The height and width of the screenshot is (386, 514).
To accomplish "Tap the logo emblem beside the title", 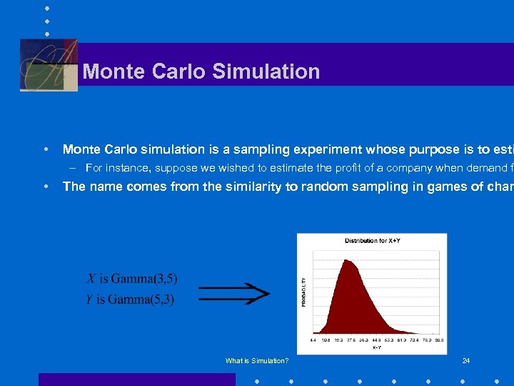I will click(x=49, y=65).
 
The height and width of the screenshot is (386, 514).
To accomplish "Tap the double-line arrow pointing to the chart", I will click(x=233, y=292).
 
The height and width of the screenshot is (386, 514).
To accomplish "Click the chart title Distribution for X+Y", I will click(x=371, y=241).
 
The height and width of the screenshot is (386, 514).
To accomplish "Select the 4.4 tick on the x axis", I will click(x=313, y=340).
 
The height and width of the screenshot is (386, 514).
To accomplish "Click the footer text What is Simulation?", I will click(x=257, y=361).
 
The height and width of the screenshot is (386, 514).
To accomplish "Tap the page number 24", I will click(x=466, y=361).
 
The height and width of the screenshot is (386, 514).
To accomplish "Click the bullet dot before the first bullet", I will click(x=46, y=149).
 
